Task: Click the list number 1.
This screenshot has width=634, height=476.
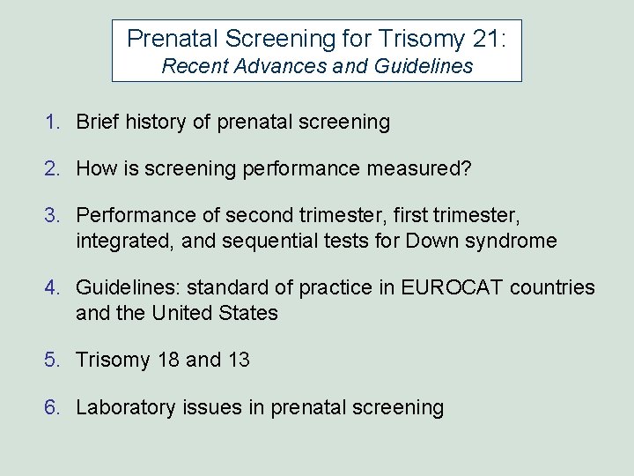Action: pyautogui.click(x=54, y=123)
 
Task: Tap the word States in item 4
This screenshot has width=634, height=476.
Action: pyautogui.click(x=250, y=312)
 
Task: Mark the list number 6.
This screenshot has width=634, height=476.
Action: pyautogui.click(x=54, y=407)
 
